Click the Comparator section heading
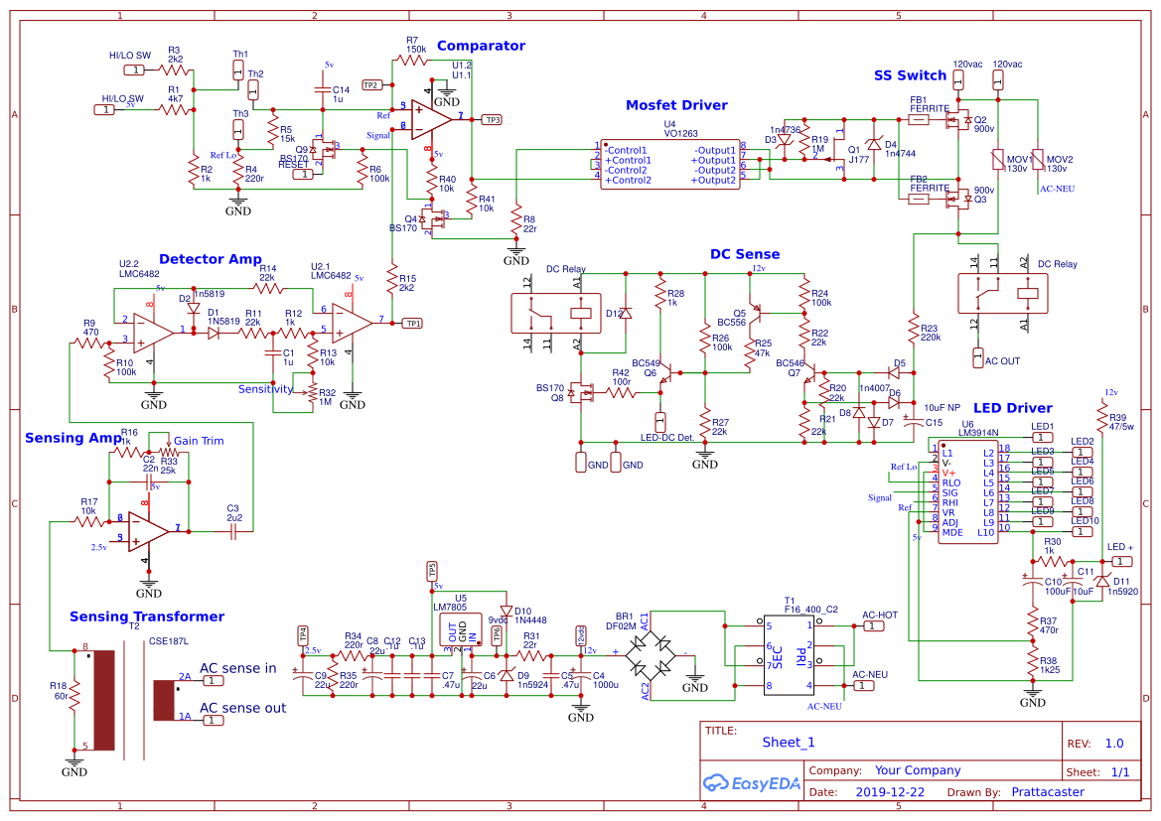(x=481, y=46)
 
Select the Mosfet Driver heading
(x=676, y=105)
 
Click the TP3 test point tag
(x=492, y=119)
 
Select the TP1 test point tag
(x=412, y=323)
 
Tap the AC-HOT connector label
(x=880, y=616)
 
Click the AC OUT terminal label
(x=1002, y=361)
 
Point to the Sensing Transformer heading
(x=147, y=616)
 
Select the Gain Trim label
(x=199, y=441)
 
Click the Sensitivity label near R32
(x=265, y=389)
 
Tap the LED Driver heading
(x=1012, y=408)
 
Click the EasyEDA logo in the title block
(x=749, y=782)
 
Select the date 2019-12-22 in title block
(x=889, y=792)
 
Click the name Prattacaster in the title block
(x=1047, y=792)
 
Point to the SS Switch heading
(x=910, y=75)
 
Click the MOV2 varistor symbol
(x=1037, y=160)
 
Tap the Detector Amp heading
(x=210, y=259)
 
